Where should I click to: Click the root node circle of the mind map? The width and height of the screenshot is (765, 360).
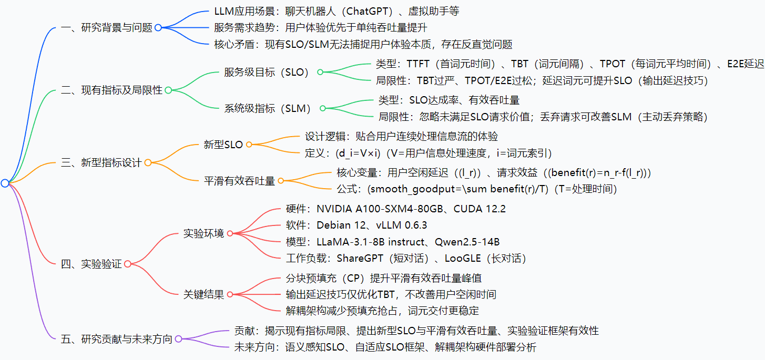[x=5, y=183]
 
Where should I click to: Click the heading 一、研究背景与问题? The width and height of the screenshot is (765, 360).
[x=106, y=28]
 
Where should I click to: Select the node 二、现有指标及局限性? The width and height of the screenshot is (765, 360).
[x=111, y=90]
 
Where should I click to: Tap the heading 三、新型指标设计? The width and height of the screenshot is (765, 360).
[x=101, y=163]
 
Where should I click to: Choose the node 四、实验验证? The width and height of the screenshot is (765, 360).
[x=91, y=264]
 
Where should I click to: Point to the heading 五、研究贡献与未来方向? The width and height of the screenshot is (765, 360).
[x=116, y=339]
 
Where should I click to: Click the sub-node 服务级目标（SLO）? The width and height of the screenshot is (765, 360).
[x=266, y=73]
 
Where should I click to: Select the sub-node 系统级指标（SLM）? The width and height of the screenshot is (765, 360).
[x=268, y=109]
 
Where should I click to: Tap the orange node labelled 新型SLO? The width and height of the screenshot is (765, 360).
[x=223, y=145]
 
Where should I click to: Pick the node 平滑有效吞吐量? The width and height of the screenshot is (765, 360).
[x=239, y=181]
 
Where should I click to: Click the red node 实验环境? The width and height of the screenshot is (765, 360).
[x=203, y=233]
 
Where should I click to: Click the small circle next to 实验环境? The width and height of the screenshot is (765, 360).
[x=230, y=233]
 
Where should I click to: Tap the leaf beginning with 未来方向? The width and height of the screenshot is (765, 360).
[x=385, y=347]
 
